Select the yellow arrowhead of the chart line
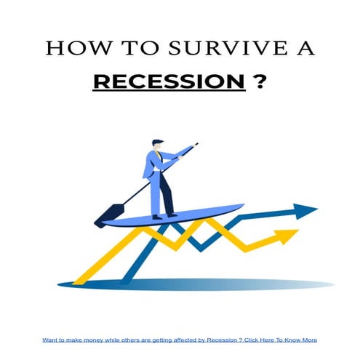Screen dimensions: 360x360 coord(289,236)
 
